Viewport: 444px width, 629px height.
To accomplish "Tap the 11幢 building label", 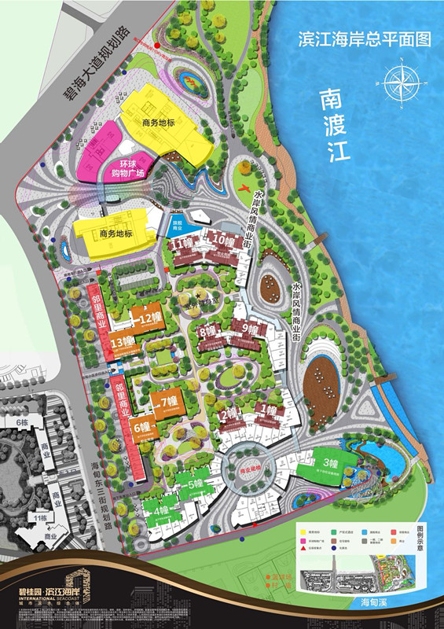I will click(184, 246).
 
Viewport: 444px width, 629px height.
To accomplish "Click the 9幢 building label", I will click(251, 329).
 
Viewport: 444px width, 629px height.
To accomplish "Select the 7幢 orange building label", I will click(169, 403).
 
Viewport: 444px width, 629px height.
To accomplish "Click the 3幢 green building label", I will click(329, 462).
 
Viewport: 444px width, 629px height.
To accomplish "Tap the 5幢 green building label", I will click(196, 484).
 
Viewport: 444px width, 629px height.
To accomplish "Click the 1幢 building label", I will click(266, 410).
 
